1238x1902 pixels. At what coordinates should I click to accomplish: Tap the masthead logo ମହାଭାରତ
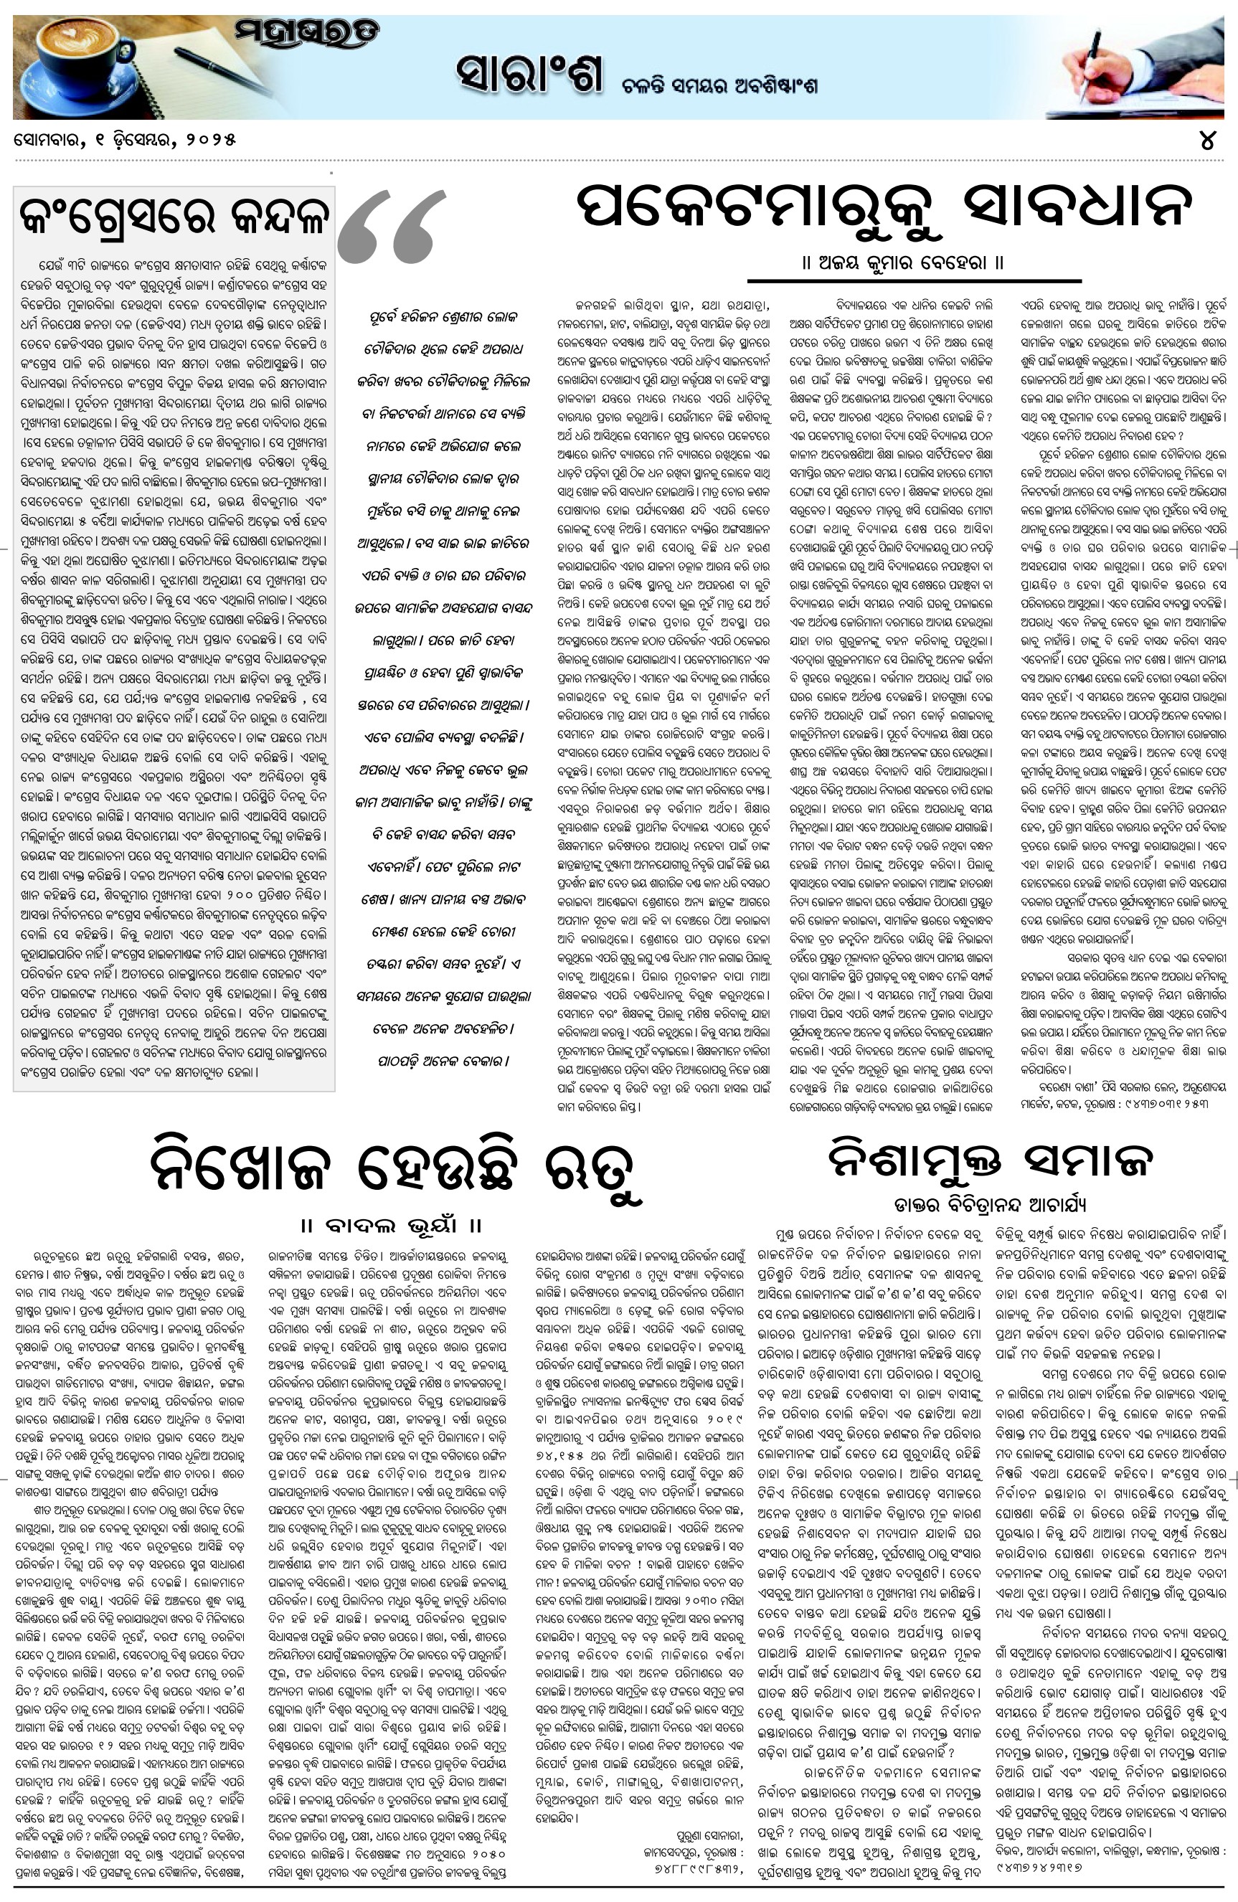[x=307, y=34]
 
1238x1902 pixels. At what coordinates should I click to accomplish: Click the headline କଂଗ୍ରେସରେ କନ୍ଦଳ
[x=174, y=214]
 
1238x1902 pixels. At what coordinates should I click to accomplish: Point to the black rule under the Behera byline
[x=914, y=281]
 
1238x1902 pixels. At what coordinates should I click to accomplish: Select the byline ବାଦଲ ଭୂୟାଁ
[x=391, y=1224]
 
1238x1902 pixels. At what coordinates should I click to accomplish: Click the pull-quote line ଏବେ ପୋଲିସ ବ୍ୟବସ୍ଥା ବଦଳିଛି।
[x=443, y=737]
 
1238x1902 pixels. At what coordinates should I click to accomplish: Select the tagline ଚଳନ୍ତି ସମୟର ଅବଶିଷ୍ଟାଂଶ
[x=720, y=86]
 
